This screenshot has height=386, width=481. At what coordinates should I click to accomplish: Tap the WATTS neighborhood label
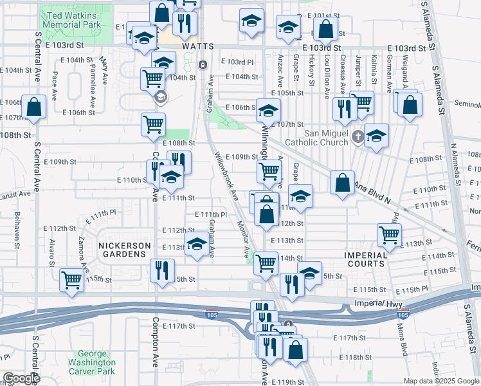pyautogui.click(x=197, y=47)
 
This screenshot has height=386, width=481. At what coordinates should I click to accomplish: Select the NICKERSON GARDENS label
pyautogui.click(x=124, y=250)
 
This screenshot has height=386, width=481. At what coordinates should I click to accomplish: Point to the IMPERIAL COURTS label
pyautogui.click(x=365, y=259)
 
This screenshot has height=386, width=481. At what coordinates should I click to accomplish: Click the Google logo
pyautogui.click(x=21, y=378)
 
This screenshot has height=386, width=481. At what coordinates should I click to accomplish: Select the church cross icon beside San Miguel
pyautogui.click(x=359, y=136)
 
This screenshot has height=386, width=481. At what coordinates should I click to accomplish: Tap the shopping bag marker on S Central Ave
pyautogui.click(x=33, y=107)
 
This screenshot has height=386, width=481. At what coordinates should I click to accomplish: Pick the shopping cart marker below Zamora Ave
pyautogui.click(x=71, y=279)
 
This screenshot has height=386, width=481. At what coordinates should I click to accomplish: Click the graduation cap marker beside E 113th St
pyautogui.click(x=197, y=243)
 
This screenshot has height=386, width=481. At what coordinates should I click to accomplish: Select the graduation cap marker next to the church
pyautogui.click(x=376, y=135)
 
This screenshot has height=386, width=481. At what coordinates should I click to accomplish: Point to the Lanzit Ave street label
pyautogui.click(x=15, y=194)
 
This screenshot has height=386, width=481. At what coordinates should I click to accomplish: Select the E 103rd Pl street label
pyautogui.click(x=241, y=62)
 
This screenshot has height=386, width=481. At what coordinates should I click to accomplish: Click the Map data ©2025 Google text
pyautogui.click(x=440, y=380)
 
